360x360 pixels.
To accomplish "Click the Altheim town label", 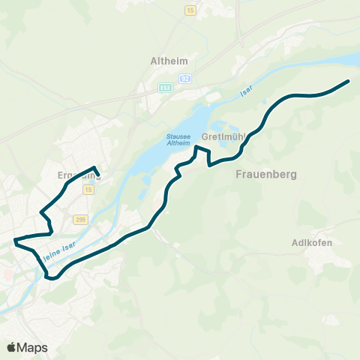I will pos(169,61).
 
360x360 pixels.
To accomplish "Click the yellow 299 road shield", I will pos(81,219).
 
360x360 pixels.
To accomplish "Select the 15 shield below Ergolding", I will pos(89,190).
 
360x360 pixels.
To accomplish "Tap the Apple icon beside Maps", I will pos(11,346).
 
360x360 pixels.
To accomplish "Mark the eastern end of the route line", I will pos(349,80).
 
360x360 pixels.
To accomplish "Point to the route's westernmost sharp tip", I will pos(14,241).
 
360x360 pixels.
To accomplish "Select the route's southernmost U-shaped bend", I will pos(52,278).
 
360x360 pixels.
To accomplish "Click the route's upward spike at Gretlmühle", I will pos(196,148).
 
